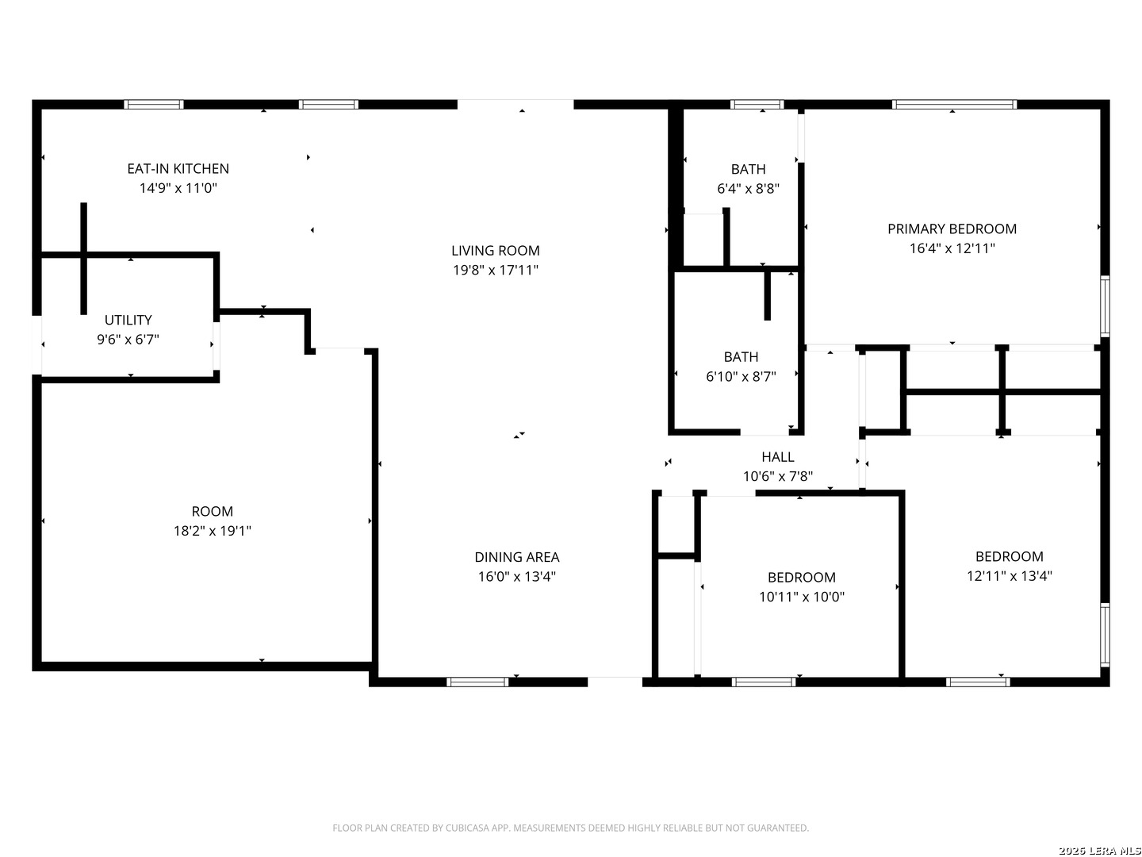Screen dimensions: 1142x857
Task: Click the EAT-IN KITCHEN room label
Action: (x=178, y=168)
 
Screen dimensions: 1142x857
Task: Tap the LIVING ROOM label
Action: (x=496, y=251)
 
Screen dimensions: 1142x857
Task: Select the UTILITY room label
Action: (x=128, y=320)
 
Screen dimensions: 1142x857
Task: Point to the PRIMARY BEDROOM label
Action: (x=952, y=229)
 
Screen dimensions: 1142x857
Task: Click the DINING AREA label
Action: (x=516, y=557)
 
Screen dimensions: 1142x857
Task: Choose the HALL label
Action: (x=778, y=457)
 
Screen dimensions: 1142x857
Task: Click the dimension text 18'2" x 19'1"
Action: (x=213, y=531)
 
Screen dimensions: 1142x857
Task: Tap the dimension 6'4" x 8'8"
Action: (x=748, y=188)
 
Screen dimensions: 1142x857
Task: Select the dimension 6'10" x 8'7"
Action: (x=741, y=376)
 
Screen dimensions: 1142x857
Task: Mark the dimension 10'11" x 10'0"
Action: (x=801, y=597)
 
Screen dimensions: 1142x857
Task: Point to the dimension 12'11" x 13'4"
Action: (x=1009, y=576)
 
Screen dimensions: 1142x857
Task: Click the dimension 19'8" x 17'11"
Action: (x=496, y=270)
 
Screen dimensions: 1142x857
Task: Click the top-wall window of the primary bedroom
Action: (x=954, y=105)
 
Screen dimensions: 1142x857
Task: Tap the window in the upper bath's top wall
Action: (x=757, y=105)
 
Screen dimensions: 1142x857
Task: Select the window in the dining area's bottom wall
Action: (x=477, y=682)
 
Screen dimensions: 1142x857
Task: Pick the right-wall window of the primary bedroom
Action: (x=1105, y=306)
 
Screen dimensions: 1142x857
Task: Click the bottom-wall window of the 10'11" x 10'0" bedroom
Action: (x=763, y=682)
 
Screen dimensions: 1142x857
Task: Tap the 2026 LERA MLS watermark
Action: (x=1099, y=850)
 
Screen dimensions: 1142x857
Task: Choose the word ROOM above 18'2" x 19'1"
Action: (x=213, y=512)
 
